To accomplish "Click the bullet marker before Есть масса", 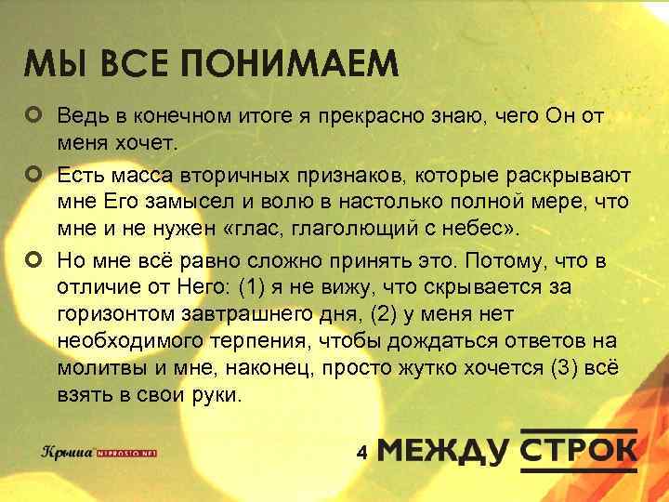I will point(34,173).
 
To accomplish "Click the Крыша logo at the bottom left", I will point(70,452).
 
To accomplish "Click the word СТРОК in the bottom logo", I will point(578,449).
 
